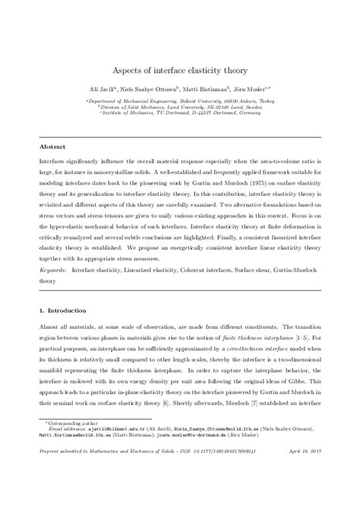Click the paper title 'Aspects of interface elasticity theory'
coord(180,69)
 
